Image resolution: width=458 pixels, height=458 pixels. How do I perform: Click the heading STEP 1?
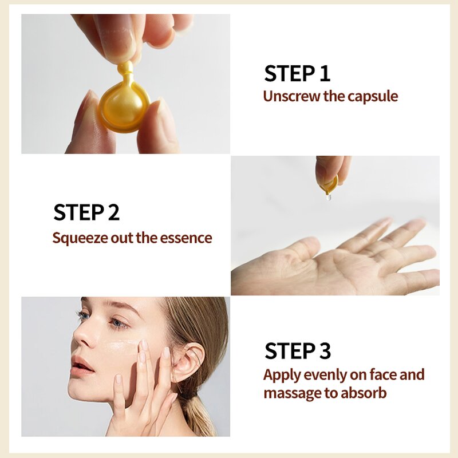tap(297, 74)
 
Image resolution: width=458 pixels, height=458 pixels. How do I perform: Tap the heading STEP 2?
tap(86, 212)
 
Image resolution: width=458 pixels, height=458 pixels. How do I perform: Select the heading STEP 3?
tap(298, 351)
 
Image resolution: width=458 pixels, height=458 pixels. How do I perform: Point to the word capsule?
tap(373, 96)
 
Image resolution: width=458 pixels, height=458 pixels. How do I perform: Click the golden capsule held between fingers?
tap(123, 106)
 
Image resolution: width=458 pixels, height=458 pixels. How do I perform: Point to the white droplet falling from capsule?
tap(329, 198)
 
